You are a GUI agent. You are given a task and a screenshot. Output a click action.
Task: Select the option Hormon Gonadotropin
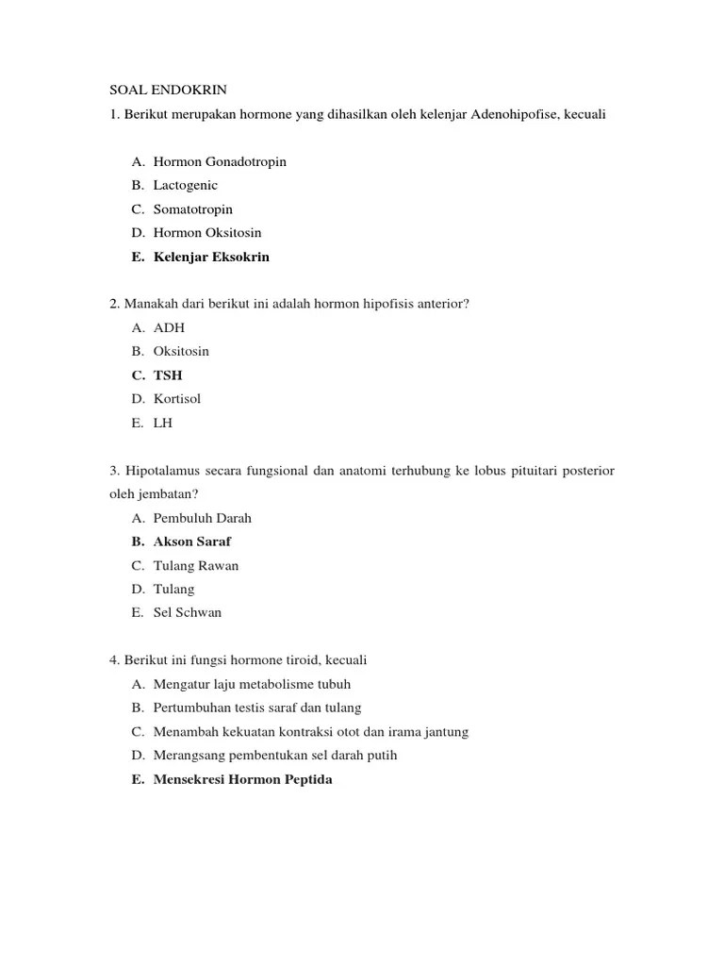pyautogui.click(x=220, y=161)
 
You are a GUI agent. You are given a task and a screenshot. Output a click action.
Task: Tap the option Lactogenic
pyautogui.click(x=186, y=185)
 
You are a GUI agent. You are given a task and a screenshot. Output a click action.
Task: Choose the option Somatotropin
pyautogui.click(x=193, y=208)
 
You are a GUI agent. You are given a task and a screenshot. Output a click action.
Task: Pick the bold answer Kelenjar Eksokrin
pyautogui.click(x=211, y=257)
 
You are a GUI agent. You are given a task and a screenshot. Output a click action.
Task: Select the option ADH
pyautogui.click(x=169, y=327)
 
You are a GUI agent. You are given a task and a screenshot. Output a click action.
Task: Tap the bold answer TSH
pyautogui.click(x=168, y=375)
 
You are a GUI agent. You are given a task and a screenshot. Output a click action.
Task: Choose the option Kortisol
pyautogui.click(x=177, y=399)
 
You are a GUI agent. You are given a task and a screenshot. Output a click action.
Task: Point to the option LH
pyautogui.click(x=163, y=423)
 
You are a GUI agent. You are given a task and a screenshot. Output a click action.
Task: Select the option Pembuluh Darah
pyautogui.click(x=203, y=518)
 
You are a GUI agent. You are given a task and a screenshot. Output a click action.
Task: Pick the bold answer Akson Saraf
pyautogui.click(x=192, y=541)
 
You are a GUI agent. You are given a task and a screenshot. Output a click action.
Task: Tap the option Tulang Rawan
pyautogui.click(x=196, y=565)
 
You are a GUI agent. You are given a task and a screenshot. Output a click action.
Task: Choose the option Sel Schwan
pyautogui.click(x=188, y=612)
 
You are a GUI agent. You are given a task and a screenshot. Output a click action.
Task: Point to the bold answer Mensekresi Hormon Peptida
pyautogui.click(x=243, y=779)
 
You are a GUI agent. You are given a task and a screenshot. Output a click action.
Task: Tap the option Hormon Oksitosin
pyautogui.click(x=207, y=232)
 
